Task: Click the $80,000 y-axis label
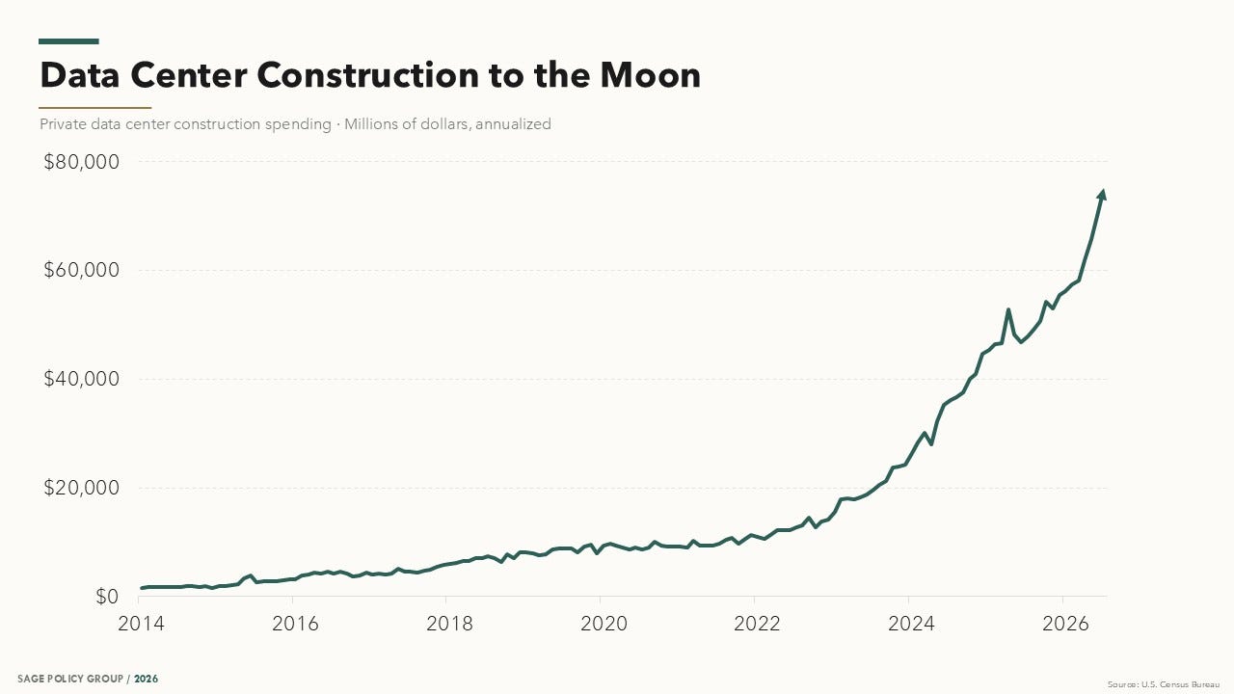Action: pos(82,162)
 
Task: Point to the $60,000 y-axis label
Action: pos(82,270)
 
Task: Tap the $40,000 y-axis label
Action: pos(82,379)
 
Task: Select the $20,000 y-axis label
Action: pos(82,488)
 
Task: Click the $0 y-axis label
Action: pos(107,596)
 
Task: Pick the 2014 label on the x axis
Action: pos(141,624)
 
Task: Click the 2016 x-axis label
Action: pos(295,624)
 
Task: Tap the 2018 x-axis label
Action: pos(449,624)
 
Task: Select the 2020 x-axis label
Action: pos(604,624)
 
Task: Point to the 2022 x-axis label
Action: pos(757,624)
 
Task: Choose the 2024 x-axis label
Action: pos(911,624)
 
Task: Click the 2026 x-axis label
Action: pos(1065,624)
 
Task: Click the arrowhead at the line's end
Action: pos(1102,195)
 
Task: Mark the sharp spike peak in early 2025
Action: pos(1008,309)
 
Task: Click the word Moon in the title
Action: pos(650,75)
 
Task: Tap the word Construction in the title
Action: pos(368,75)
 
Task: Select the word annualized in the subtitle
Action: pos(513,124)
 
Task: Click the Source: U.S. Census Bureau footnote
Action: pos(1164,684)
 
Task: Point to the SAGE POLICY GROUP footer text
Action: pos(70,679)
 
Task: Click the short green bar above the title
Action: pos(68,41)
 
